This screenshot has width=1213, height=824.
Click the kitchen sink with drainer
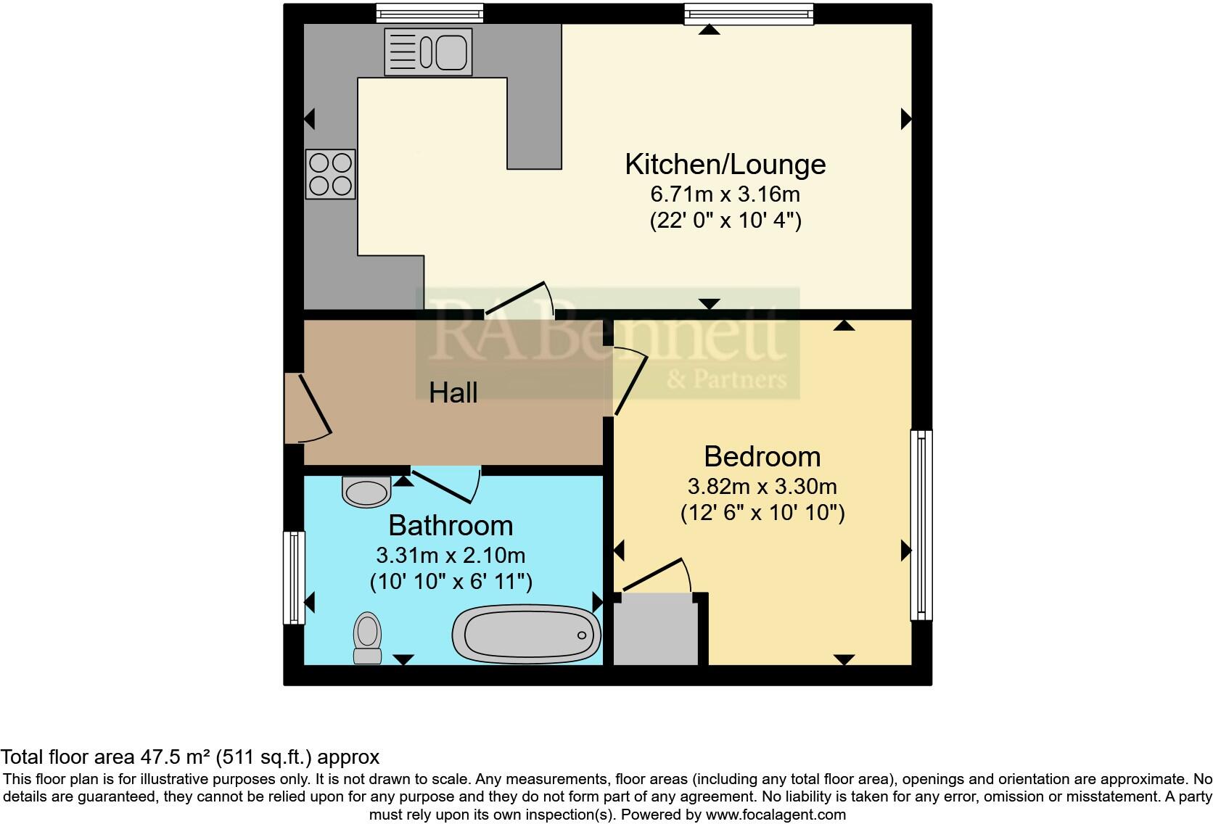pos(428,52)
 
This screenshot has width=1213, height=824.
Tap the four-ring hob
pos(330,174)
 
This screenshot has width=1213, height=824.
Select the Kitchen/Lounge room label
pos(725,165)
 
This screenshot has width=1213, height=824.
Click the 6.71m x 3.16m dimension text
pos(725,194)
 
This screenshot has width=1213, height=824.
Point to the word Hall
pos(453,393)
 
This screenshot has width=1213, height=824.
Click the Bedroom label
pos(762,457)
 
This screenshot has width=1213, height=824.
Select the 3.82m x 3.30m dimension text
pos(762,487)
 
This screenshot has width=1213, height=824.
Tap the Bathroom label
pos(451,526)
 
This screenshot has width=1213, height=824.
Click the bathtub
pos(527,635)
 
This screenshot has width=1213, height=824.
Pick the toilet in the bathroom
pos(367,638)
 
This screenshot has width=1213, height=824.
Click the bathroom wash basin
pos(366,492)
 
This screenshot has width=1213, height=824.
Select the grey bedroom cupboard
pos(656,629)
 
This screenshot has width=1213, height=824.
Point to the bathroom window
pos(294,577)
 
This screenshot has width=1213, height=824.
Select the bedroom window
pos(921,525)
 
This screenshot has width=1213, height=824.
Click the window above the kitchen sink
pos(429,13)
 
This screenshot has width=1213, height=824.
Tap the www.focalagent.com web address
pos(776,815)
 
